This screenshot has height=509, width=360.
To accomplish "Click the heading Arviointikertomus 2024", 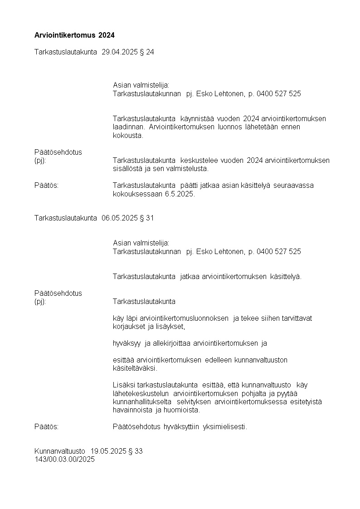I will point(74,35).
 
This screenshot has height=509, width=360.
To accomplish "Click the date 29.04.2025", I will point(119,52).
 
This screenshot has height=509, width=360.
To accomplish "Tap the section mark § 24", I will point(147,52).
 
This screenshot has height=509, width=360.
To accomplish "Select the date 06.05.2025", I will point(119,218).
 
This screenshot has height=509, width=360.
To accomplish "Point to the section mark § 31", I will point(147,218).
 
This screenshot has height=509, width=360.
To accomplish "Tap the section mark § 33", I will point(136,451).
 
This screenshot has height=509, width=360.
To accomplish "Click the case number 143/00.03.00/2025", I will point(64,459).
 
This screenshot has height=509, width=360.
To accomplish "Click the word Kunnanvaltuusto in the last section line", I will point(60,451).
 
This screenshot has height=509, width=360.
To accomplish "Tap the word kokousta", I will point(128,135).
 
